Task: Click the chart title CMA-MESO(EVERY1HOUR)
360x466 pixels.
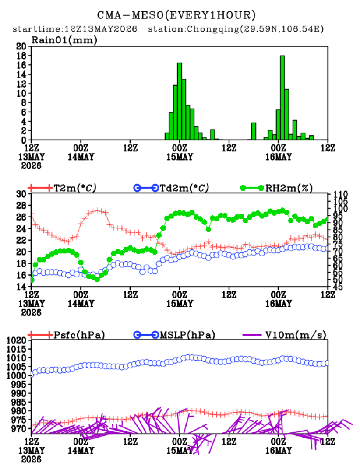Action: click(x=176, y=15)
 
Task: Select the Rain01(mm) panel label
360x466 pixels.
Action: click(x=64, y=40)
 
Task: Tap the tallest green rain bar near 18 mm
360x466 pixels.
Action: click(x=282, y=98)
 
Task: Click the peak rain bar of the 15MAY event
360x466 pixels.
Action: click(x=180, y=102)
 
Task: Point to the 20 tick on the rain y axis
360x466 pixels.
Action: click(x=21, y=46)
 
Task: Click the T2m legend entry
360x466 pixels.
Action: click(x=62, y=188)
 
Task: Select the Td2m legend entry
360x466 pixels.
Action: click(x=171, y=188)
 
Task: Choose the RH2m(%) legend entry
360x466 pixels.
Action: click(x=276, y=188)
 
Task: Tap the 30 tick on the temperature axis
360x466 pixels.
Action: click(x=21, y=194)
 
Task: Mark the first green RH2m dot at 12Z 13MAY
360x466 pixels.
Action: click(x=32, y=280)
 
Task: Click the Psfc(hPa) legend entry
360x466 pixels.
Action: click(x=66, y=335)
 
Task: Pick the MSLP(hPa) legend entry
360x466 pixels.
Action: click(x=174, y=335)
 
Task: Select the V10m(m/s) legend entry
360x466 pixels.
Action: click(x=284, y=335)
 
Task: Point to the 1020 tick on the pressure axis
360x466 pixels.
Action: click(x=17, y=340)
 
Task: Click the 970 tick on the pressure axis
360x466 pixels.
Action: click(x=20, y=429)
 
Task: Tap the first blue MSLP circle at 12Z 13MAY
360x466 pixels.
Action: click(x=32, y=375)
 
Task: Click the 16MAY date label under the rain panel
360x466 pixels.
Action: click(x=279, y=157)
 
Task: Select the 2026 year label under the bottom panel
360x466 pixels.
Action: click(x=31, y=459)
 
